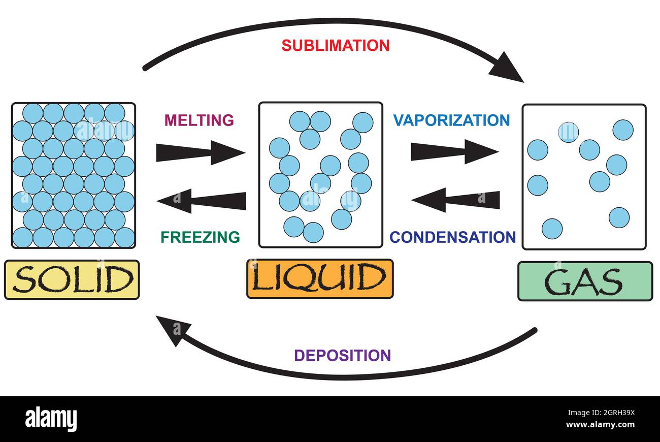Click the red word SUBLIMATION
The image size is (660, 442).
click(x=336, y=45)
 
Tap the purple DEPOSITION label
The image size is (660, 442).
click(x=343, y=355)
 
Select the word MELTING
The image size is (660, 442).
click(x=199, y=120)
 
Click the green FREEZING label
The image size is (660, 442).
click(x=201, y=237)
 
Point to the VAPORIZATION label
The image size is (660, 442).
click(x=451, y=120)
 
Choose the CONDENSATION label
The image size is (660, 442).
click(x=452, y=237)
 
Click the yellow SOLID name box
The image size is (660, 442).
click(x=72, y=279)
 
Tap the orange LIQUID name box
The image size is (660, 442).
click(x=320, y=278)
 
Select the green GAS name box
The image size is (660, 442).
click(x=584, y=281)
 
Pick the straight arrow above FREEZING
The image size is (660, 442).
click(x=202, y=200)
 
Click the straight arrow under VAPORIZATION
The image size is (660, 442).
click(x=454, y=151)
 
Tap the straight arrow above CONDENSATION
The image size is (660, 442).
click(x=455, y=200)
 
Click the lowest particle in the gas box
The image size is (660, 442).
click(x=552, y=229)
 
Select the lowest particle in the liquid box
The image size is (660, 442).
click(x=313, y=232)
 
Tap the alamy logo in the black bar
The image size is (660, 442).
click(x=51, y=419)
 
